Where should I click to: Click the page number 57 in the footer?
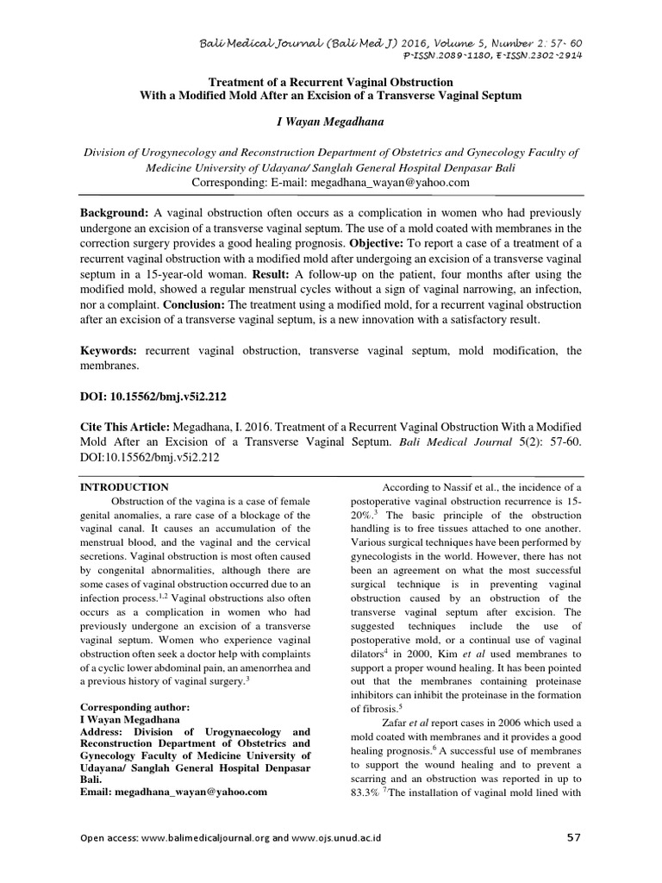[x=574, y=837]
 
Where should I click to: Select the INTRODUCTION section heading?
[x=124, y=487]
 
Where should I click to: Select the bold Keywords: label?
[x=109, y=351]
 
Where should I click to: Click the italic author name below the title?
[x=330, y=124]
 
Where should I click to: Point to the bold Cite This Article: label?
[x=125, y=428]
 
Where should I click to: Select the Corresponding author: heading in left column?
[x=134, y=706]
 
